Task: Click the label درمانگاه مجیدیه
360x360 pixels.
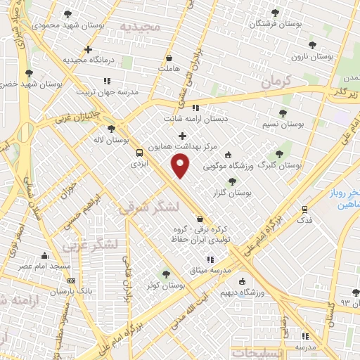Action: [87, 60]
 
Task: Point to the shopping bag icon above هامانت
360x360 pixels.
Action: [169, 57]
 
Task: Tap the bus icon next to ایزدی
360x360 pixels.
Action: [139, 153]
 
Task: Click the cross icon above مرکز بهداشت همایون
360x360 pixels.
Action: [183, 136]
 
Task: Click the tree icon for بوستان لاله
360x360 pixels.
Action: [111, 129]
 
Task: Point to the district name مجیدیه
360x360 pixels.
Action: [141, 27]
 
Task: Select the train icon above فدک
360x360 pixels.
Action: [304, 209]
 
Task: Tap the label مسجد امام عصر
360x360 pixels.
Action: [44, 267]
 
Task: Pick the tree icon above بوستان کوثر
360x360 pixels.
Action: [167, 274]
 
